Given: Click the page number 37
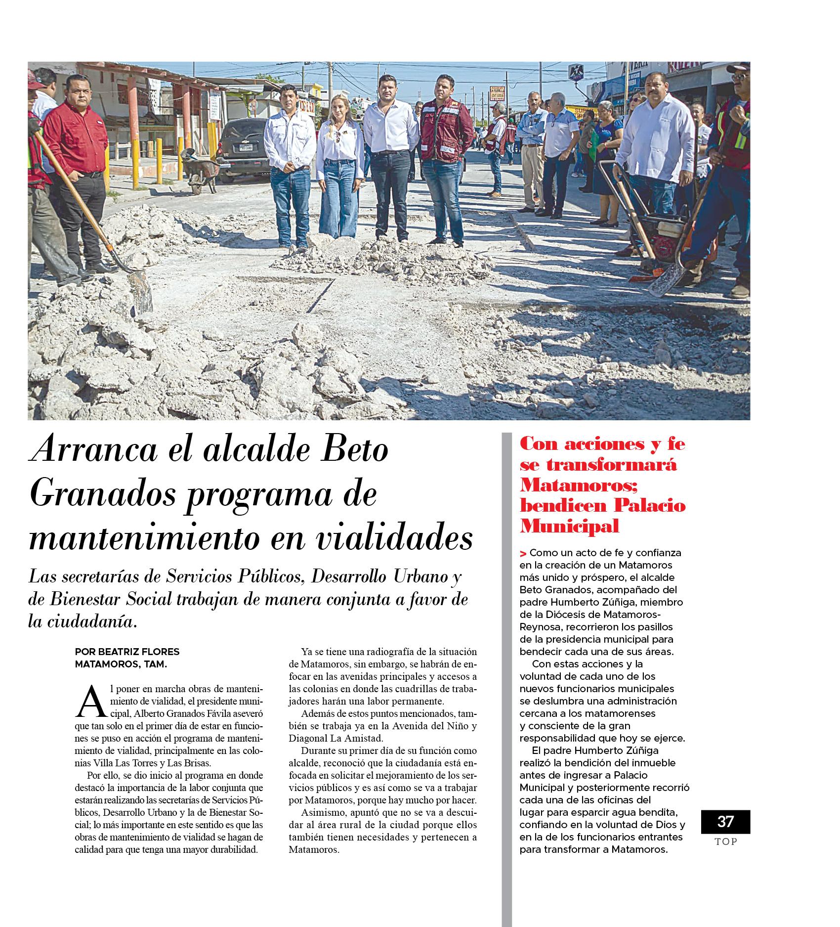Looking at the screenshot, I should pos(725,821).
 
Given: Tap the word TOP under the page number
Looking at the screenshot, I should pos(725,842).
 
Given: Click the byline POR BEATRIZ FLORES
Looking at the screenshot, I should pos(127,652).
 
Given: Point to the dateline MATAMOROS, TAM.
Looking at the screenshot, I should pos(121,664).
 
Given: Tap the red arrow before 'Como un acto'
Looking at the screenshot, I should pos(523,553).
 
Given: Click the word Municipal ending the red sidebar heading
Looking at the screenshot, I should pos(569,526).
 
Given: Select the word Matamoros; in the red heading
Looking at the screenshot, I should pos(579,485).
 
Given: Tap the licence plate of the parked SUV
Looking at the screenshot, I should pos(246,146).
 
